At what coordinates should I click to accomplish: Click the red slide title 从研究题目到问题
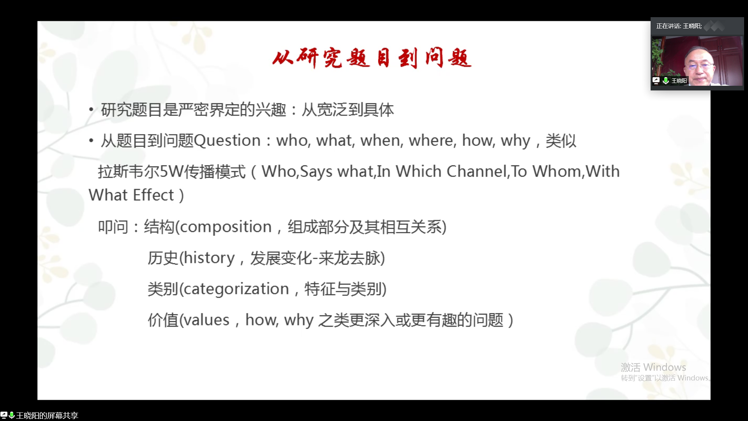372,58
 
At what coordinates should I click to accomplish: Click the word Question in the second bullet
227,140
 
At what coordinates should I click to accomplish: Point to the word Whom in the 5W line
557,172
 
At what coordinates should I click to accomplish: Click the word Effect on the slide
153,195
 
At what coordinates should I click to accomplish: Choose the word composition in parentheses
226,227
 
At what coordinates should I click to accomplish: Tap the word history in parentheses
209,258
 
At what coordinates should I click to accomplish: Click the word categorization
236,289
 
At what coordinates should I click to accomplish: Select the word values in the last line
206,320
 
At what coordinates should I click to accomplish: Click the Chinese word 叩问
113,227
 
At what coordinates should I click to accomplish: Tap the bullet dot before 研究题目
91,110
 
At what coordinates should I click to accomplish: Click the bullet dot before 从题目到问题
91,140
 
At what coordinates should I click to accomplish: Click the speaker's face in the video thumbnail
699,65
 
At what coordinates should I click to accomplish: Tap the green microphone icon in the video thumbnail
666,80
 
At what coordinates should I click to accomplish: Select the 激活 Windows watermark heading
653,367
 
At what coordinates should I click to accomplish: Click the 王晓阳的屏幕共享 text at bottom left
47,416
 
